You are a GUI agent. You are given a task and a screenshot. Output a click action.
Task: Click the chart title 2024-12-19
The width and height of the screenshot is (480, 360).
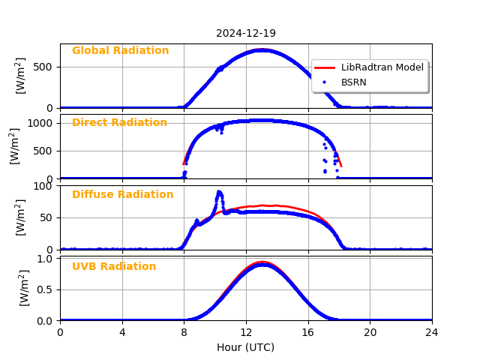pos(246,34)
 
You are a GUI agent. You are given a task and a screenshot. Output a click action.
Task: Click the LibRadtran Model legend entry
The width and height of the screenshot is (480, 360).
pos(382,67)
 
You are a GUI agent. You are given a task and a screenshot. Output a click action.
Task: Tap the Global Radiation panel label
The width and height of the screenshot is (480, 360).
pos(120,51)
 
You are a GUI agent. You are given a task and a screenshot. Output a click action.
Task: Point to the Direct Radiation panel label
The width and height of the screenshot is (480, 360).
pos(119,123)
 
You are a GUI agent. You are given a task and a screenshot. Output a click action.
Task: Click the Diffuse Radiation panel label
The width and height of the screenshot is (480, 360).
pos(122,195)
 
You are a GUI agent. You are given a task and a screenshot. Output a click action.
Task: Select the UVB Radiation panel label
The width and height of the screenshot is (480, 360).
pos(114,267)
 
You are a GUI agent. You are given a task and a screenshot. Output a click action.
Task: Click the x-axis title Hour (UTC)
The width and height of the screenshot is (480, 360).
pos(246,348)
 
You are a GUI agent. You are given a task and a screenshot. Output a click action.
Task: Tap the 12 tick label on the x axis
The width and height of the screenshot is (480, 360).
pos(246,332)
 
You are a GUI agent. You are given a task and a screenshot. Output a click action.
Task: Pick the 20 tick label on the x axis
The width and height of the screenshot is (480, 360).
pos(370,332)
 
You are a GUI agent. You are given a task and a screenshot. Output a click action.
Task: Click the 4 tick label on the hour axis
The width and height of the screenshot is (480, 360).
pos(122,332)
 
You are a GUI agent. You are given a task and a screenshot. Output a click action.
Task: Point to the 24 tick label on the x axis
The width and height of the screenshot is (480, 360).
pos(432,332)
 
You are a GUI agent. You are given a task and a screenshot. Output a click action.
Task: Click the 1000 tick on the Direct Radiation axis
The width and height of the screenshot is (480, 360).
pos(41,122)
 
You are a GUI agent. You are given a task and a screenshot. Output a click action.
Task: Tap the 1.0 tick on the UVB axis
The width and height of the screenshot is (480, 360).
pos(46,259)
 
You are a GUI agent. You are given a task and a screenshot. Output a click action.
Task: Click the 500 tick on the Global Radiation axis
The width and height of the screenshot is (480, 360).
pos(43,67)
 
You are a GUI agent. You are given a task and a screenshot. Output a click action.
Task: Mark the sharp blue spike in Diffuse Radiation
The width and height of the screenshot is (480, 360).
pos(219,192)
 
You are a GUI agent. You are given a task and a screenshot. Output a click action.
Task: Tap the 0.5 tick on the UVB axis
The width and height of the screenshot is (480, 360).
pos(46,289)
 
